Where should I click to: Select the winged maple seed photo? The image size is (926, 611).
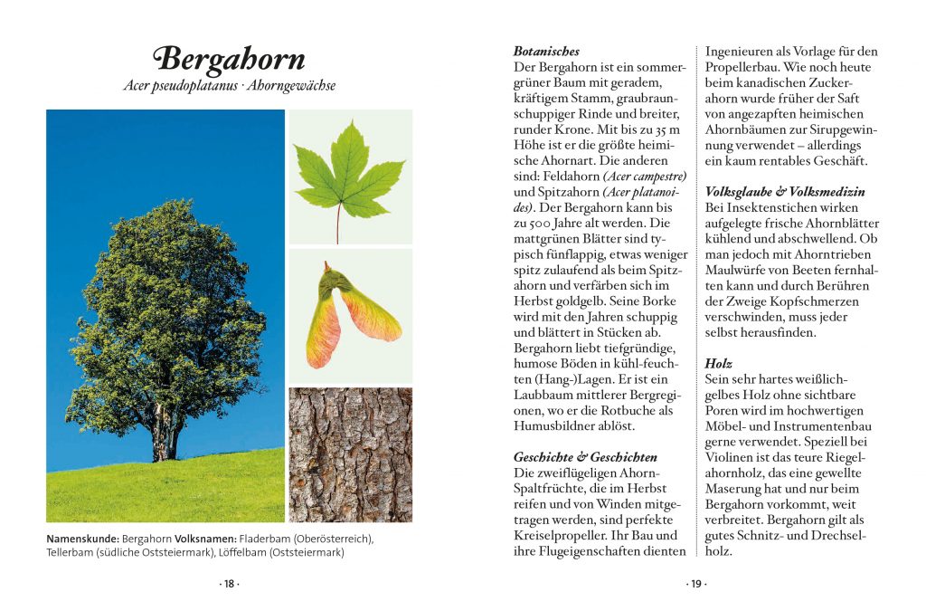click(350, 315)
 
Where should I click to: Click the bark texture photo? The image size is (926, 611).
click(350, 454)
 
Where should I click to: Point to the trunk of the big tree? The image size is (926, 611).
click(164, 434)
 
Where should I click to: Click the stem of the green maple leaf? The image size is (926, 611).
click(338, 224)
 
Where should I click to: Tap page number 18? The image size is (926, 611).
click(230, 584)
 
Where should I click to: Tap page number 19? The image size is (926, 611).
click(695, 584)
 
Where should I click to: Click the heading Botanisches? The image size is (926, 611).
click(546, 52)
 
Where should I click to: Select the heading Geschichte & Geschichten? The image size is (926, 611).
click(585, 457)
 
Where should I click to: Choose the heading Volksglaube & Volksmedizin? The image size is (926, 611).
click(785, 192)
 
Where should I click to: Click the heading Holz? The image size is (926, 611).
click(718, 362)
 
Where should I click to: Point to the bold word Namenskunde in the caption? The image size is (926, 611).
click(82, 539)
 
